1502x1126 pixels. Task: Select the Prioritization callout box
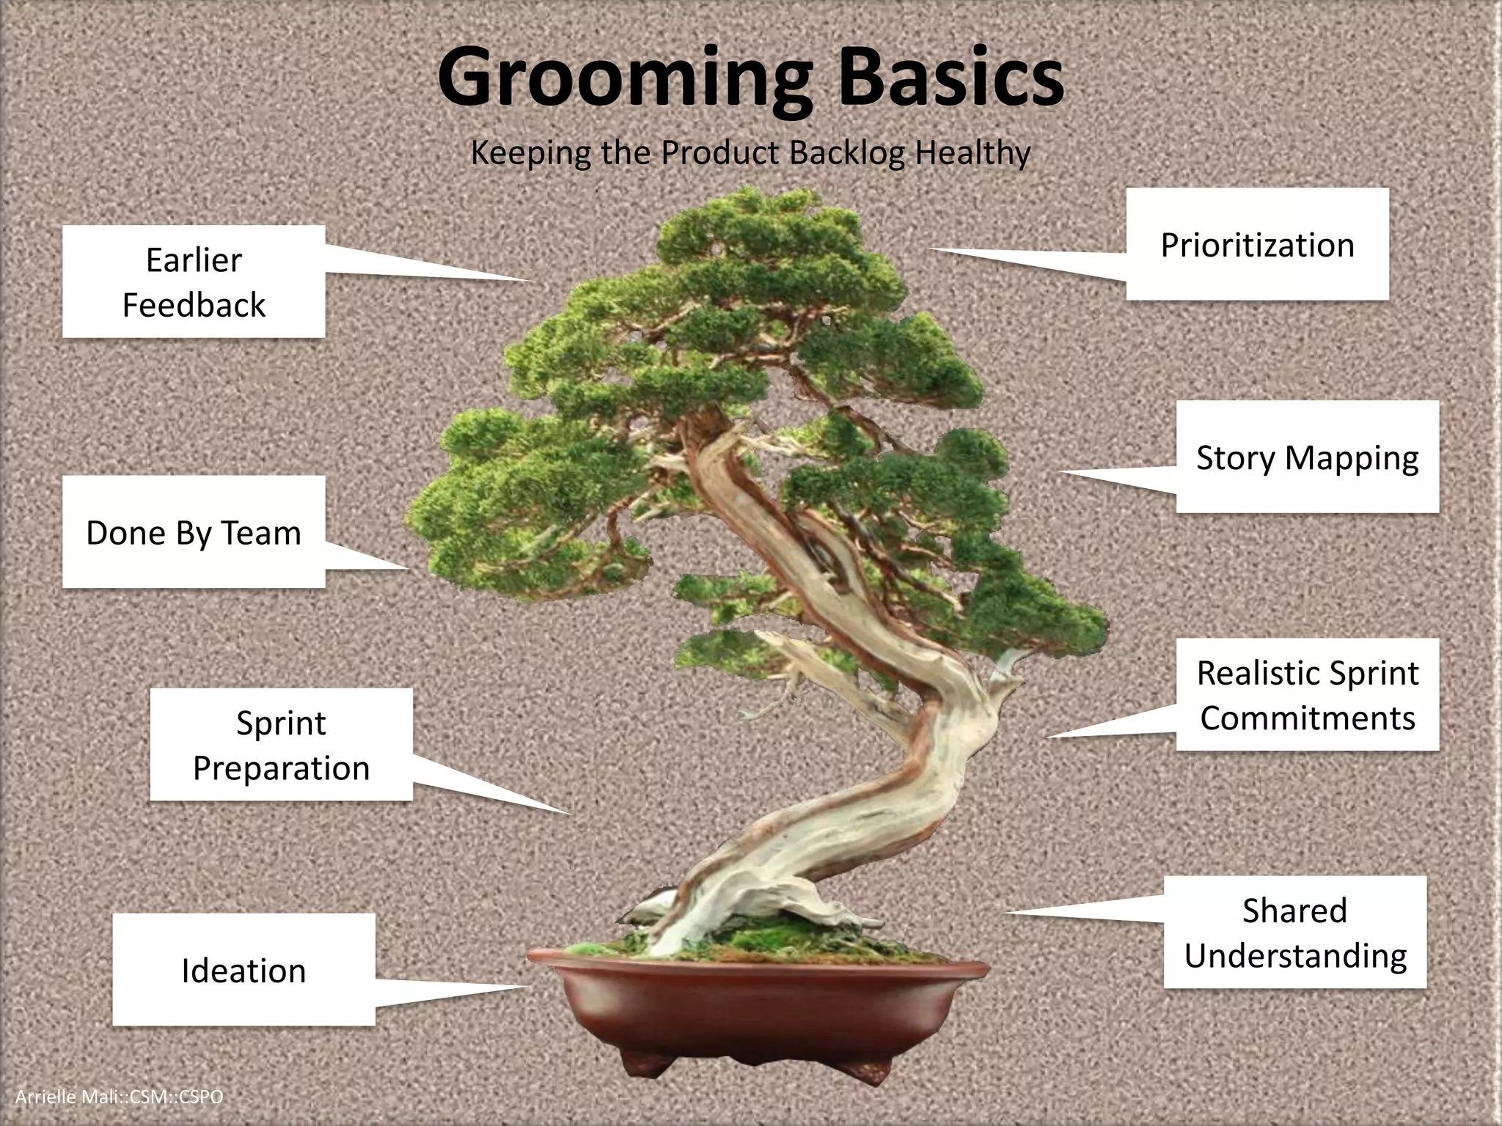point(1257,244)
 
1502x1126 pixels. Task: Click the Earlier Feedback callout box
point(194,281)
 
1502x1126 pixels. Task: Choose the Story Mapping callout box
point(1307,457)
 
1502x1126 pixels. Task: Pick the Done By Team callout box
point(194,532)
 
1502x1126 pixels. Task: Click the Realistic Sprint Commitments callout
point(1307,695)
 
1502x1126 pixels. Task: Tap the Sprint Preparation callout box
point(281,745)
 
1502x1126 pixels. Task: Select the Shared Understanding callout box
point(1295,932)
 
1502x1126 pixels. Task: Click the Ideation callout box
point(243,970)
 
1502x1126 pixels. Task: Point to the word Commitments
point(1307,718)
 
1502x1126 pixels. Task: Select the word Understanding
point(1295,956)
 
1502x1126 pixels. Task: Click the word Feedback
point(194,305)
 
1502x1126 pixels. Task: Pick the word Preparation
point(281,768)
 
